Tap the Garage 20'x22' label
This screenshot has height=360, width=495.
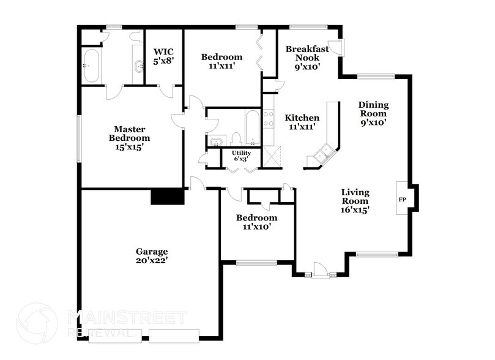[x=152, y=256]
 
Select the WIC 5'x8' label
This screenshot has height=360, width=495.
[x=163, y=56]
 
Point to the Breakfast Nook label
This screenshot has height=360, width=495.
[x=307, y=58]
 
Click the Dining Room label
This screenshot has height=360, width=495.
[x=373, y=113]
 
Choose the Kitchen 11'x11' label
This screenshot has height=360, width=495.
[x=302, y=122]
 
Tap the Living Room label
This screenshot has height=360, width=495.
[x=355, y=201]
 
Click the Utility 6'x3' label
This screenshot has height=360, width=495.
[x=239, y=156]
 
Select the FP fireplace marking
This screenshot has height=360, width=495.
[x=403, y=200]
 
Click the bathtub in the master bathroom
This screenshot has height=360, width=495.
[x=92, y=66]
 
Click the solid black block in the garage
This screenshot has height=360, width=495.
[x=167, y=196]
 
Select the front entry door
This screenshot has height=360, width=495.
[x=320, y=269]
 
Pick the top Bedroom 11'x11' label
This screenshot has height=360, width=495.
[x=221, y=62]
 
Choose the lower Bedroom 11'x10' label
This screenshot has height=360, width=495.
[x=257, y=222]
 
